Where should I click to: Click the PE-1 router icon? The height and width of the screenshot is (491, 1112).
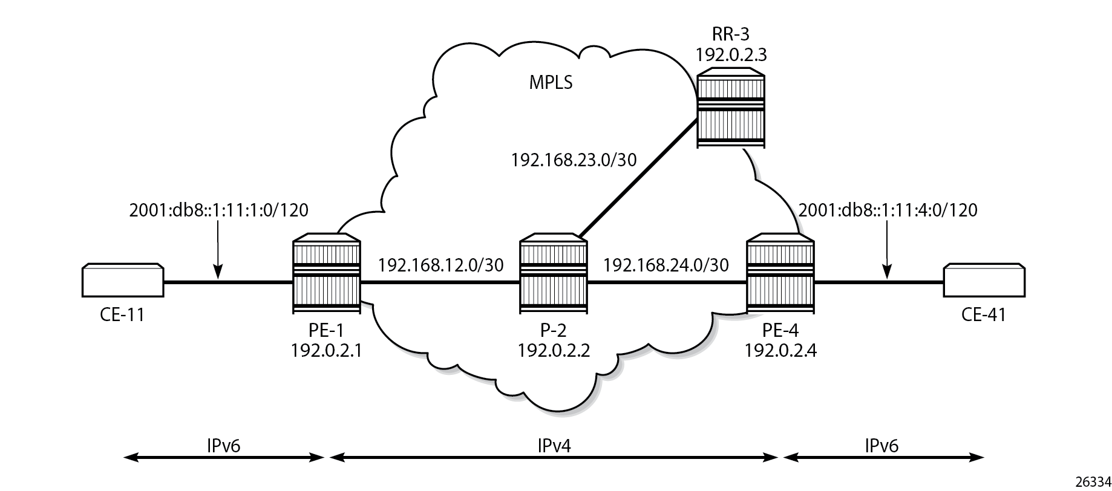[327, 276]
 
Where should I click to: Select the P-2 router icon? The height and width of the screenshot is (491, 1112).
[554, 276]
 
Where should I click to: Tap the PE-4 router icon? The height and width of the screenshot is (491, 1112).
[780, 276]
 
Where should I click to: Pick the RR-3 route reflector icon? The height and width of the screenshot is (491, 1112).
[730, 109]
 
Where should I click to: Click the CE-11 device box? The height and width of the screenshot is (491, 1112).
[123, 281]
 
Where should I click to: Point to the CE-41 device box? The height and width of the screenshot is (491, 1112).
[984, 281]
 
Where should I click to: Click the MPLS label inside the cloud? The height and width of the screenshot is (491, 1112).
[551, 83]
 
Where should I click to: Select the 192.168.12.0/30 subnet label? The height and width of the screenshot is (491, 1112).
[440, 265]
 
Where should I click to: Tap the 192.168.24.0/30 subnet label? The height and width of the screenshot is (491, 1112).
[666, 265]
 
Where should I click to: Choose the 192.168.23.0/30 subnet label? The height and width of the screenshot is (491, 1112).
[574, 160]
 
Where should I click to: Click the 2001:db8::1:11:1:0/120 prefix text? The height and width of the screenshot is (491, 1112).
[219, 210]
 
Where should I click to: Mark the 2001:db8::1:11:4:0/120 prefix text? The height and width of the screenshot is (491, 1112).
[888, 210]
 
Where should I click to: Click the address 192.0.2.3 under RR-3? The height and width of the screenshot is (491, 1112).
[731, 55]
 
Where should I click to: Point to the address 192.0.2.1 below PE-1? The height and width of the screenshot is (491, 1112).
[326, 351]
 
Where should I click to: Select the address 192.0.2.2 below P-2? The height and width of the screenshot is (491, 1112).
[554, 351]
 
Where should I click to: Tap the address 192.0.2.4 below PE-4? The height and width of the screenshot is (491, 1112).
[780, 351]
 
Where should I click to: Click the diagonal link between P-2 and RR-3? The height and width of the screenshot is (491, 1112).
[635, 178]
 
